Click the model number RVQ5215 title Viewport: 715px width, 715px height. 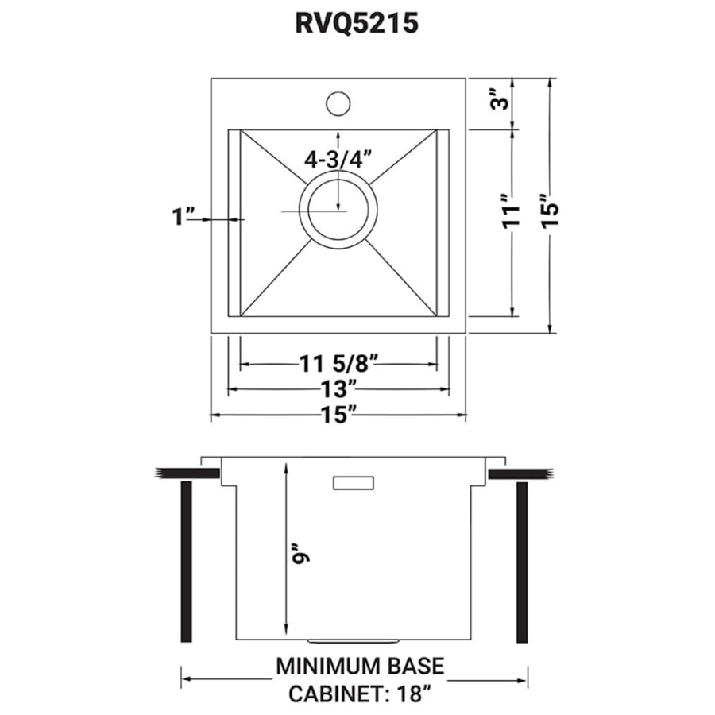coord(357,23)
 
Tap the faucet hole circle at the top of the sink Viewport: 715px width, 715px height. coord(338,103)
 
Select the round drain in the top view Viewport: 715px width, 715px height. coord(338,211)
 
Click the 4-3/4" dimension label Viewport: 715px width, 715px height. coord(338,159)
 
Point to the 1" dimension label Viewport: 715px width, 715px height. coord(184,216)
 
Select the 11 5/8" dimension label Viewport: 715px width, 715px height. coord(338,364)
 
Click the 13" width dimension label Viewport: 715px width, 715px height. coord(338,389)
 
